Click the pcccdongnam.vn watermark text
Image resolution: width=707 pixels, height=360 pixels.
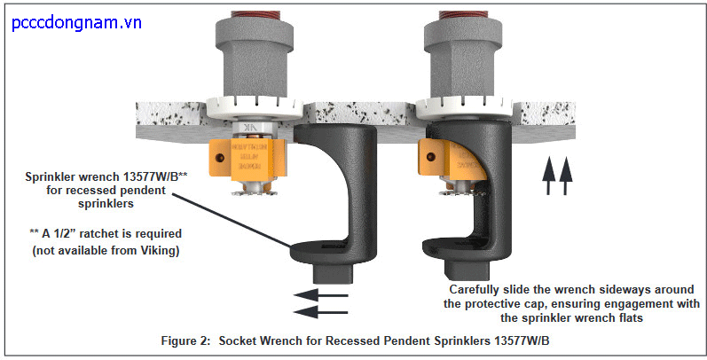point(77,22)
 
